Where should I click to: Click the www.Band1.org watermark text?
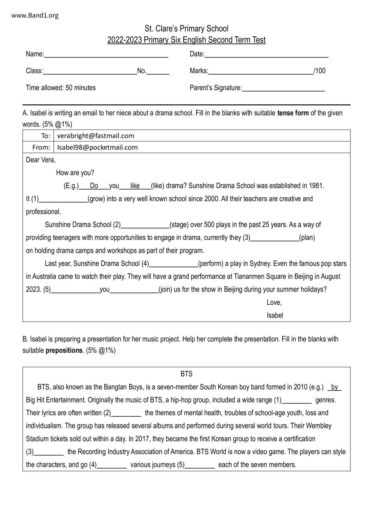(35, 16)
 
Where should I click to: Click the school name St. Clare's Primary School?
(186, 29)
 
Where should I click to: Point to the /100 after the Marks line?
(319, 71)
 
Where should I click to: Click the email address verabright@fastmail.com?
(96, 136)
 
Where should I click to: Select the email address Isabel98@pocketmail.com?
(97, 148)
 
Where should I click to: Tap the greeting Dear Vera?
(41, 160)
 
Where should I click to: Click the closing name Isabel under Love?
(275, 315)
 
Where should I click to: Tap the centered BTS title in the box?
(186, 374)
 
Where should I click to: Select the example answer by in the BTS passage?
(334, 387)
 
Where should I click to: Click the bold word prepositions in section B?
(64, 351)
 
